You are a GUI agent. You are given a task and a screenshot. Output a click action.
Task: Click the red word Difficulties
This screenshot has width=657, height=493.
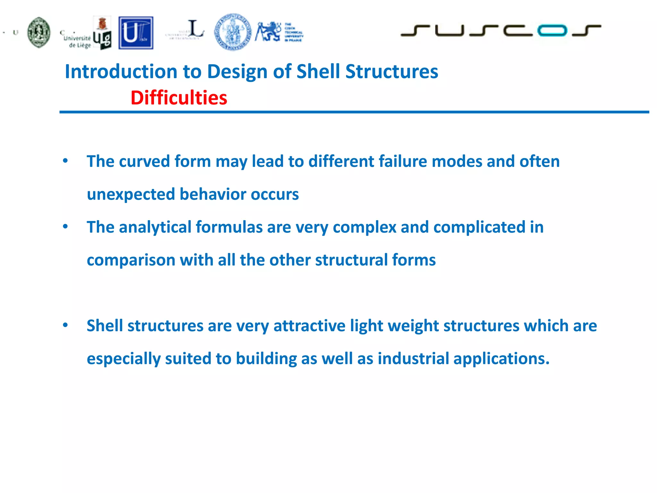click(179, 98)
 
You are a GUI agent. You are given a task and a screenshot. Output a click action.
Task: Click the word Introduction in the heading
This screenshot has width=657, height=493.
click(121, 71)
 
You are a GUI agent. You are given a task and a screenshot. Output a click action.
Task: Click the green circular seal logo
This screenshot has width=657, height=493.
click(39, 32)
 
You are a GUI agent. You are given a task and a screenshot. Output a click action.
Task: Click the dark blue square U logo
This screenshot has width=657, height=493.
click(136, 33)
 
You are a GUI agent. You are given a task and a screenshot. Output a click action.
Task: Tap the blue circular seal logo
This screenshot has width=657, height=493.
click(233, 32)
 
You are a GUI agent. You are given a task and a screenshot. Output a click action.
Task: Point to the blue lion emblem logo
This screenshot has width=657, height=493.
click(268, 31)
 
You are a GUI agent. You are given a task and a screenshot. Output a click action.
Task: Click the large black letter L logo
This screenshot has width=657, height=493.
click(195, 29)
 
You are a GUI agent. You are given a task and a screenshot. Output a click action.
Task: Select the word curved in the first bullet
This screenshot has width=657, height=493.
click(144, 161)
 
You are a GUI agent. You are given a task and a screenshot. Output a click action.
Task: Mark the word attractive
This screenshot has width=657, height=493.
click(309, 326)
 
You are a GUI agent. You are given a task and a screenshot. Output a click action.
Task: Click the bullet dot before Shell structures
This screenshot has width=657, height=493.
click(65, 325)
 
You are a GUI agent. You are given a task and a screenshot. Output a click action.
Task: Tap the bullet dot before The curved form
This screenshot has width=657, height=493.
click(65, 161)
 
